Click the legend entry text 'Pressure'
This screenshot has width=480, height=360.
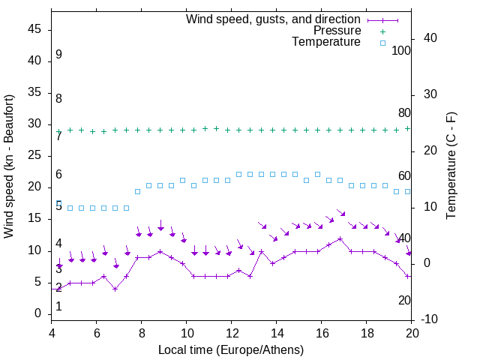tap(337, 31)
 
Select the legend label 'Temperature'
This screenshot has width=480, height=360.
tap(326, 43)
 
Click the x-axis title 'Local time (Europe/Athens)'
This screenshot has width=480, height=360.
tap(231, 350)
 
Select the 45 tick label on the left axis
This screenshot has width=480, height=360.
tap(34, 29)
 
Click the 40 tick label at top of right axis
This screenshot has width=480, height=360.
tap(430, 38)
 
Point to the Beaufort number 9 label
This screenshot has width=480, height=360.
tap(58, 55)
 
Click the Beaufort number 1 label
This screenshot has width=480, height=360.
tap(58, 306)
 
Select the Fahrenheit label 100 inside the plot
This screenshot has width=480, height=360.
tap(401, 50)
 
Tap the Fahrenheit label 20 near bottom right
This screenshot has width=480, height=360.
tap(404, 300)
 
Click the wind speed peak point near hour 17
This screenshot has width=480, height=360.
tap(340, 239)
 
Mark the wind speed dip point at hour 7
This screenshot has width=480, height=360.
tap(115, 289)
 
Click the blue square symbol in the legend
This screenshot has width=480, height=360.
tap(382, 43)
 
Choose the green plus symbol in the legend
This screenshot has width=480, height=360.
tap(382, 31)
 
